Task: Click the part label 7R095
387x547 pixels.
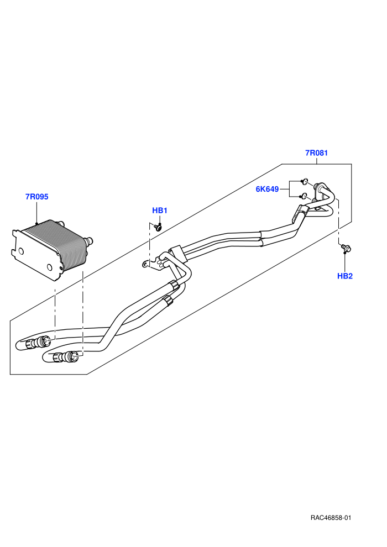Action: [36, 197]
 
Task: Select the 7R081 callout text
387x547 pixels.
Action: [316, 153]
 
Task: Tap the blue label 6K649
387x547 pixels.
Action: [267, 189]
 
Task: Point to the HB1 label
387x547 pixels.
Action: [160, 211]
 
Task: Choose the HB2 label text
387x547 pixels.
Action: [345, 276]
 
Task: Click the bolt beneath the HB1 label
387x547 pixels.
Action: [159, 228]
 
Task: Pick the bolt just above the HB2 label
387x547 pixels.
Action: [346, 248]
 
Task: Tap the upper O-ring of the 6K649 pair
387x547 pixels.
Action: [305, 181]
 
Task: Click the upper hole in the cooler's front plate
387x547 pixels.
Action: [21, 251]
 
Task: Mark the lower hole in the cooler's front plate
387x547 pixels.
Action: [50, 267]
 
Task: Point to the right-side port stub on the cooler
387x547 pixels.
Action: [90, 240]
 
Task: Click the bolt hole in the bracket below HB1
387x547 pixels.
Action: [144, 264]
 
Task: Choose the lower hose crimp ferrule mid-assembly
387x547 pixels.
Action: [168, 300]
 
